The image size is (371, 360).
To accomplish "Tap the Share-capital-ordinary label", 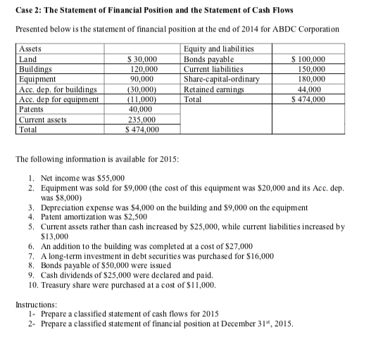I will pyautogui.click(x=220, y=79).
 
